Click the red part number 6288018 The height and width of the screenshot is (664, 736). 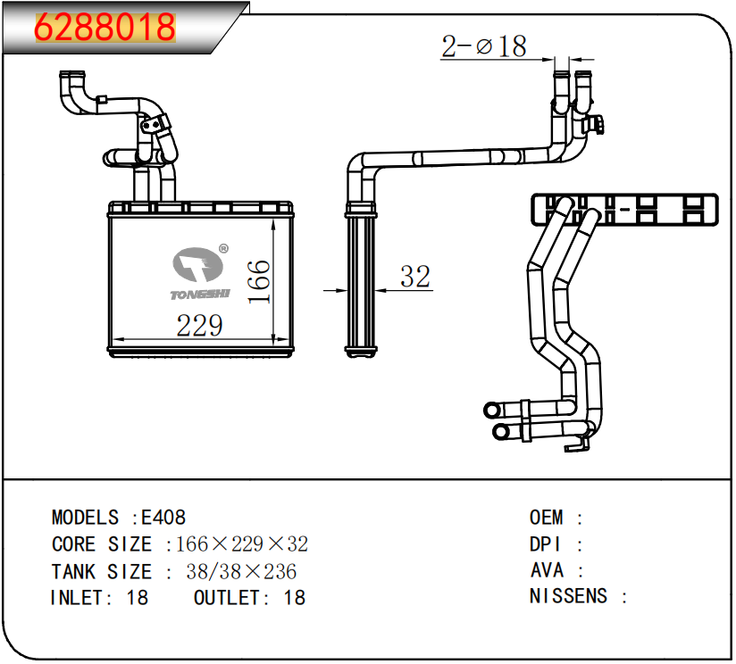pyautogui.click(x=105, y=27)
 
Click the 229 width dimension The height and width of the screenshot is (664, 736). pyautogui.click(x=199, y=326)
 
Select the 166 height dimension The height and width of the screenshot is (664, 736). pyautogui.click(x=259, y=282)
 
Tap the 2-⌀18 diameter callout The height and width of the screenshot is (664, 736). pyautogui.click(x=484, y=46)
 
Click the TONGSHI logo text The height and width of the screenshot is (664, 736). pyautogui.click(x=200, y=295)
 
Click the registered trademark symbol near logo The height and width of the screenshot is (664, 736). pyautogui.click(x=224, y=248)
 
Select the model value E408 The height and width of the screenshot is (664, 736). pyautogui.click(x=163, y=518)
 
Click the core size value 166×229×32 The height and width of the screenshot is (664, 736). pyautogui.click(x=242, y=544)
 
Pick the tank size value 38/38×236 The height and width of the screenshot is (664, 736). pyautogui.click(x=241, y=571)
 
